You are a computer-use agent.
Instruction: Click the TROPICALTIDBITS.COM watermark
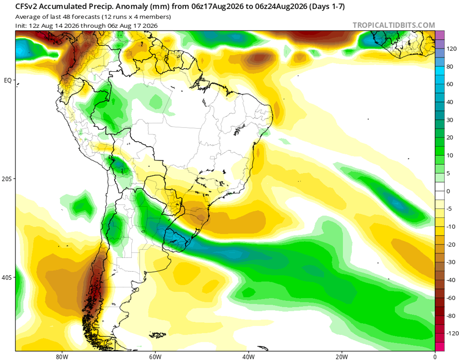[x=394, y=25]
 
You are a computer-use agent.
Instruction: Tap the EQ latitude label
[x=8, y=80]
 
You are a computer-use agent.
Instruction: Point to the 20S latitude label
[x=7, y=179]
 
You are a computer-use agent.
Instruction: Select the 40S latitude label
[x=7, y=277]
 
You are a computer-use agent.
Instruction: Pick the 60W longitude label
[x=155, y=357]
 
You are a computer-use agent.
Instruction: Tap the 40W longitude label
[x=248, y=357]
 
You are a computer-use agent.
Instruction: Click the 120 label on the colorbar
[x=451, y=49]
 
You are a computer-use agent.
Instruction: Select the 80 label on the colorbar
[x=450, y=67]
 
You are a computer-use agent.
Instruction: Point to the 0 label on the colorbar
[x=448, y=191]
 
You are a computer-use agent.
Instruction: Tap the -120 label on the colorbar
[x=452, y=334]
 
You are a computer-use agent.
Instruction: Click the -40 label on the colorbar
[x=450, y=280]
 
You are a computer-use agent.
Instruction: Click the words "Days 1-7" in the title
[x=327, y=7]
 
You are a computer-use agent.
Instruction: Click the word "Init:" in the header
[x=21, y=26]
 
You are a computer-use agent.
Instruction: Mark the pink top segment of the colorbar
[x=440, y=35]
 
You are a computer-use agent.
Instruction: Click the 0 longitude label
[x=435, y=357]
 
